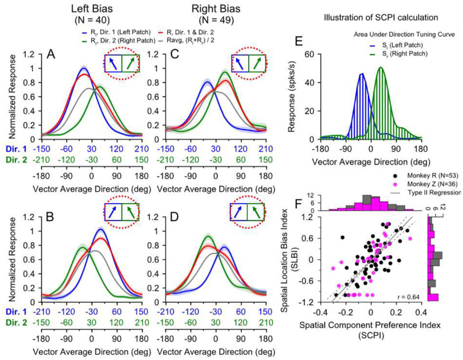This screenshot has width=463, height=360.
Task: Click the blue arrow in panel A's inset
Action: coord(112,65)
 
